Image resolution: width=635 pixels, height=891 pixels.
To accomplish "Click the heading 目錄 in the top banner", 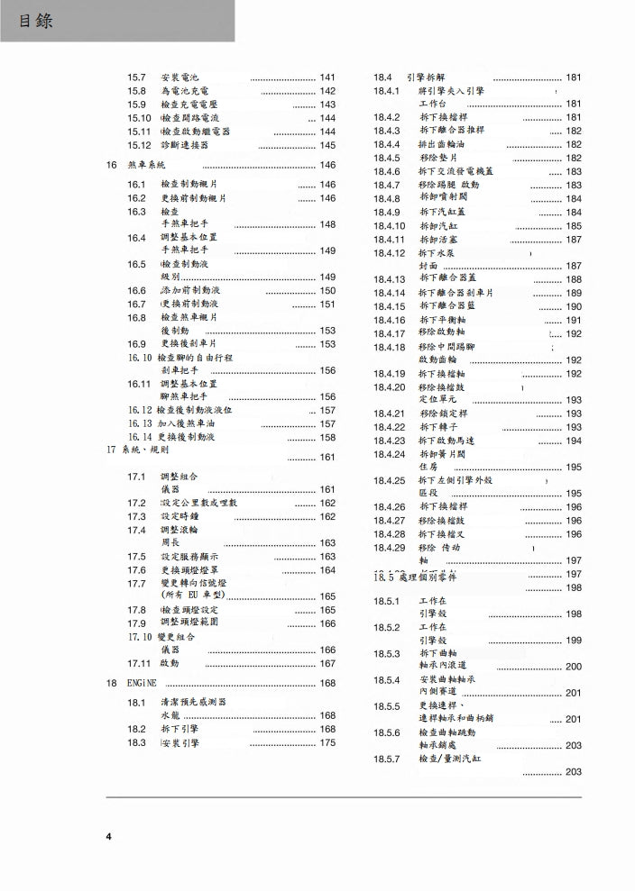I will coord(35,20).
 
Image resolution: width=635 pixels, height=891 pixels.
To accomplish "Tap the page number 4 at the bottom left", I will coord(109,837).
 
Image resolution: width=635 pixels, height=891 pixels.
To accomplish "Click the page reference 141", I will coord(327,77).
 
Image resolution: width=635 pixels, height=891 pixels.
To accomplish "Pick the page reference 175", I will coord(327,742).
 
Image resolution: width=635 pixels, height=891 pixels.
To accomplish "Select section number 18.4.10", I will coord(389,226).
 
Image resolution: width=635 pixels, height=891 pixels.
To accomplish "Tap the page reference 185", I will coord(574,226).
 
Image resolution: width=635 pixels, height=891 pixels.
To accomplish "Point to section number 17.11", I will coord(138,663).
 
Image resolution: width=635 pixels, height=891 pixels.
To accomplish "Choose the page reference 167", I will coord(327,663).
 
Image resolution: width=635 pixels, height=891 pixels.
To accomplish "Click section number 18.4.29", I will coord(389,548).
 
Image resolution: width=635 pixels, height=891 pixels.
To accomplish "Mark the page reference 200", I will coord(574,667).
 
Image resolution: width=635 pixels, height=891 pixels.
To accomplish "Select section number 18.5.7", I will coord(386,759).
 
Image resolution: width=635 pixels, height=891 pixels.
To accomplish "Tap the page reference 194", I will coord(574,441).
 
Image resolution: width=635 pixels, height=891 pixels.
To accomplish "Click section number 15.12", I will coord(139,145).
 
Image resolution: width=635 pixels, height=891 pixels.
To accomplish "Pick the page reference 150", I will coord(327,291).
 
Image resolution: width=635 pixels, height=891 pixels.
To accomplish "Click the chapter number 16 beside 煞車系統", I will coord(111,165).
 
